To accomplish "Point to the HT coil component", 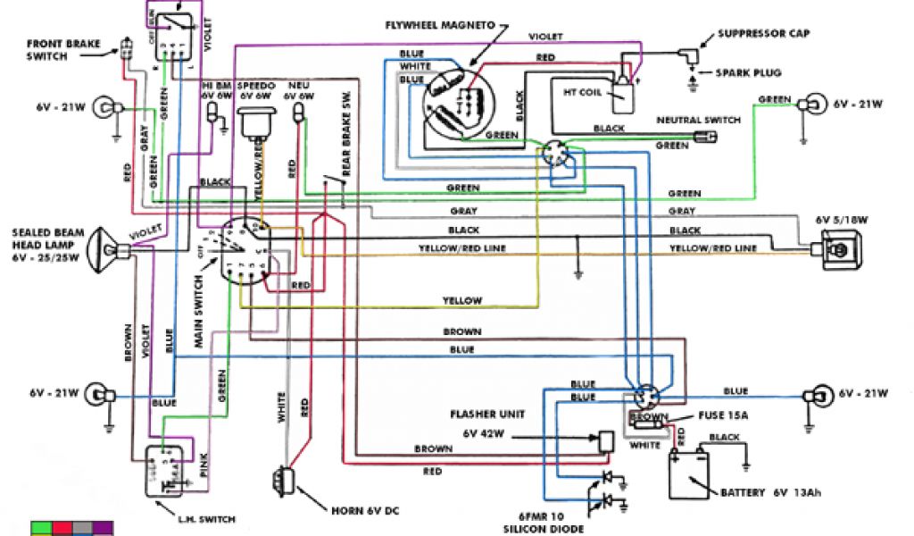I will click(620, 86).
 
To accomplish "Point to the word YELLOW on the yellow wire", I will click(462, 300).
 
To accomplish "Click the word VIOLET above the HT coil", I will click(545, 38).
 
